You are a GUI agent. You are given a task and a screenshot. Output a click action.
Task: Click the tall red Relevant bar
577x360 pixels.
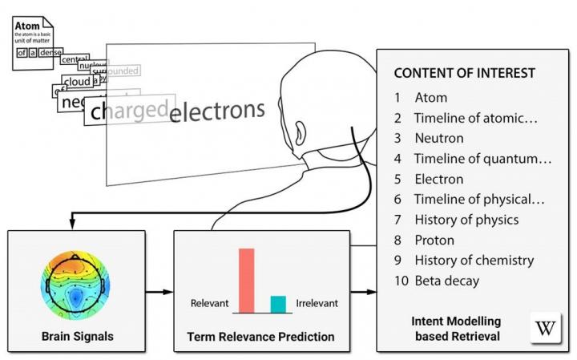246,280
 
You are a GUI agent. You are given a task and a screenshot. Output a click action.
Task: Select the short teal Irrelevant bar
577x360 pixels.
278,304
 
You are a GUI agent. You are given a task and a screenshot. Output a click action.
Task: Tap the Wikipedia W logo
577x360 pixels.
546,328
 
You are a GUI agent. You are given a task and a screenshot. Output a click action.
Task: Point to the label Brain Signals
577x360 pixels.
77,337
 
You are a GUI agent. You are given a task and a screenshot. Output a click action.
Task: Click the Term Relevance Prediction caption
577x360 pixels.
260,337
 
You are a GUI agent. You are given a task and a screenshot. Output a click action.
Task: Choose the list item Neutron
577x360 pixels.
438,138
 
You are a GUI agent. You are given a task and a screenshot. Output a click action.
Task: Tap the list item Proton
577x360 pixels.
434,240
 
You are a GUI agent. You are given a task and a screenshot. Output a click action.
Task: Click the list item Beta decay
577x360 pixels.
447,281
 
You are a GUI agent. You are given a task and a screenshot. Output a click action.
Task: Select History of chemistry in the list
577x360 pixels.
474,261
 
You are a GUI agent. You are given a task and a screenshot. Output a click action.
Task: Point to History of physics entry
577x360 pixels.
466,220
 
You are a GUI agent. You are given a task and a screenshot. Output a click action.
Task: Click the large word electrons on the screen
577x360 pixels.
217,110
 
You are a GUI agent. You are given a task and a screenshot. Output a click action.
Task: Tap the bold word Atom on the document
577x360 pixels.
27,26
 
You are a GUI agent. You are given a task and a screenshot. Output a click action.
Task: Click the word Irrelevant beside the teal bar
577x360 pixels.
317,304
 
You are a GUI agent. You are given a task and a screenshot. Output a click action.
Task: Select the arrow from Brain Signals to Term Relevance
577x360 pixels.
159,292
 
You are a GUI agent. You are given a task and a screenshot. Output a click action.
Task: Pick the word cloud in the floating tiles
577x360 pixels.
77,82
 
